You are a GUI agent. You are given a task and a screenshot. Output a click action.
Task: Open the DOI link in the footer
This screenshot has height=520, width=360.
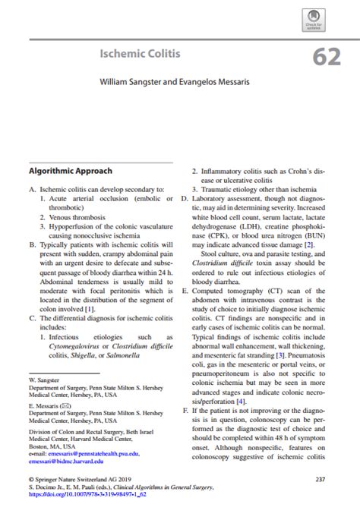click(87, 493)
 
